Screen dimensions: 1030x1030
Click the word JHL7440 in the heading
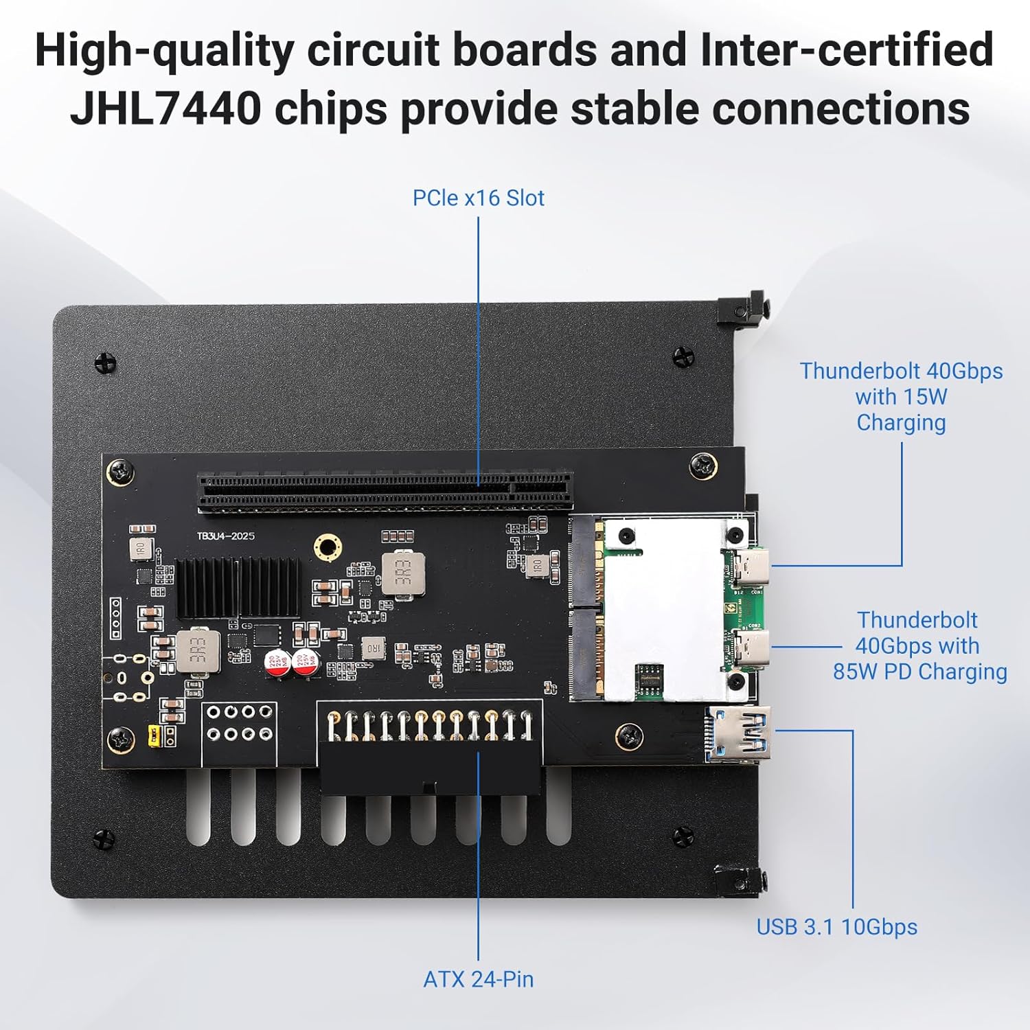[x=165, y=108]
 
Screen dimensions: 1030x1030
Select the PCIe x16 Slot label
[x=478, y=198]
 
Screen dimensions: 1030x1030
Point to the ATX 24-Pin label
[x=478, y=979]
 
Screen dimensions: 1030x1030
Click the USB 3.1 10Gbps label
[x=836, y=927]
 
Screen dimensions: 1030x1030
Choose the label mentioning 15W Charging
[x=901, y=397]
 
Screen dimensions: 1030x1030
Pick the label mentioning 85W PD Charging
[x=919, y=645]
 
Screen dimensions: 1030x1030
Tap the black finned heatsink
[x=237, y=586]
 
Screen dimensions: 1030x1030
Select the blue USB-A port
[x=738, y=733]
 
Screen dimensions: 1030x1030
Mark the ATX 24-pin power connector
[x=430, y=748]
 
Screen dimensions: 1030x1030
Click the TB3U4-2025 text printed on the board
[x=226, y=536]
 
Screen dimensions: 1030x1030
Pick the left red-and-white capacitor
[x=278, y=663]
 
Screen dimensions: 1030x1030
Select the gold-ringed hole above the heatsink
[x=328, y=547]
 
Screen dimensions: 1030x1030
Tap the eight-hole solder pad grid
[x=239, y=724]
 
